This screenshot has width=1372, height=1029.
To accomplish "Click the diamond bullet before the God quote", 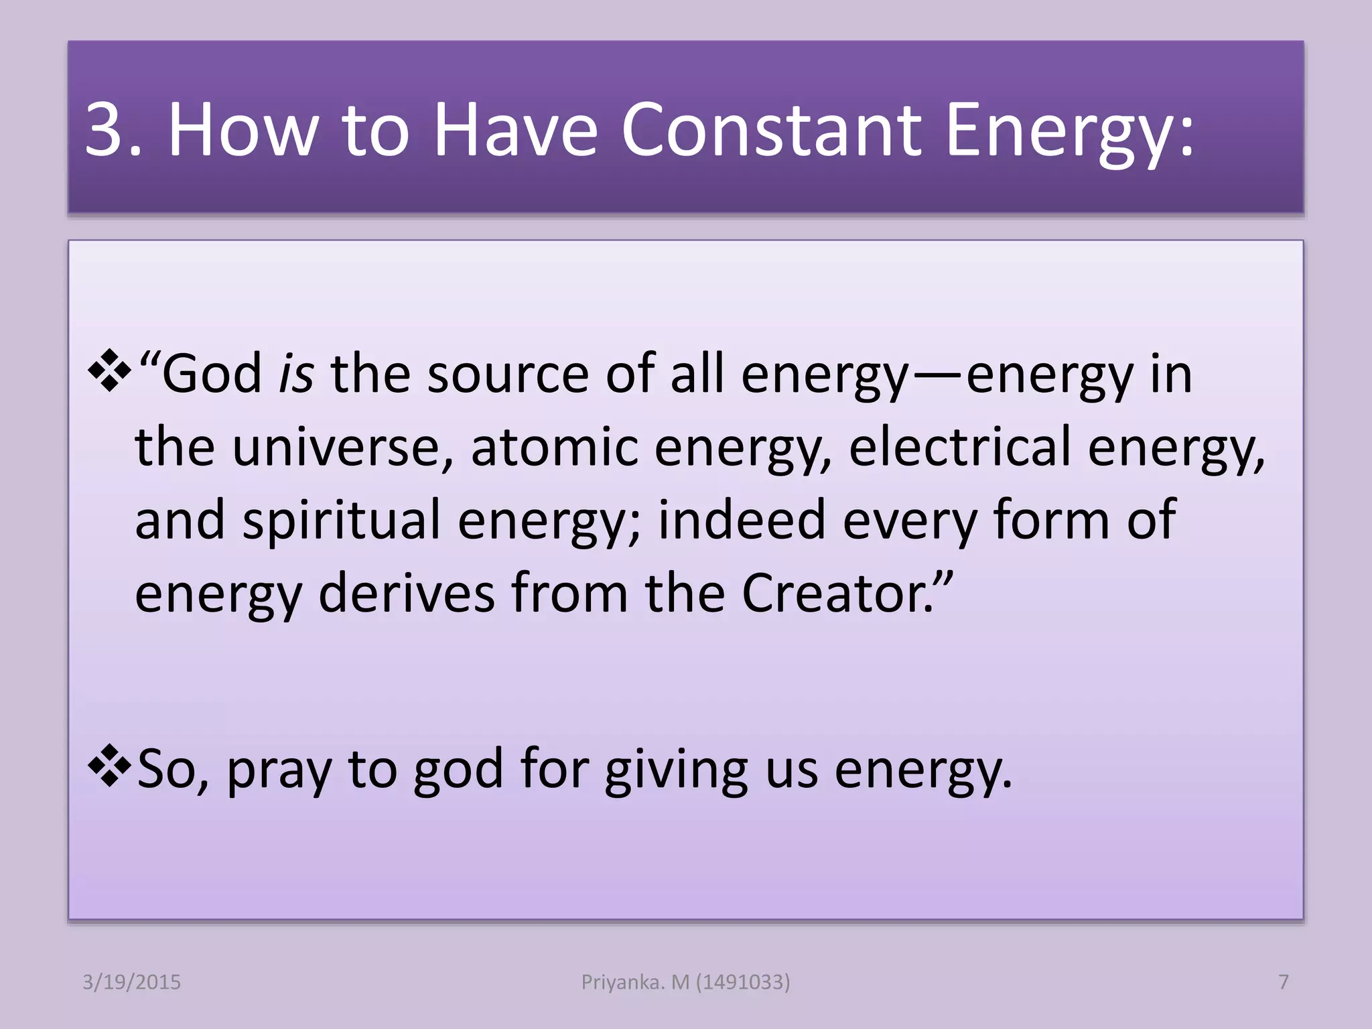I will [x=109, y=370].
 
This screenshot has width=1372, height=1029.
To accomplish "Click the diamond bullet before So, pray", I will [x=109, y=766].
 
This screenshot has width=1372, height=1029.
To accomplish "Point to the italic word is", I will [x=295, y=374].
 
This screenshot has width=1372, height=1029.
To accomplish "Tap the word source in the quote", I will [x=508, y=374].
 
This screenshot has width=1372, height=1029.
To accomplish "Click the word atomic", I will [x=554, y=448].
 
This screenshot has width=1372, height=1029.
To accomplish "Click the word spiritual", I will [x=341, y=521].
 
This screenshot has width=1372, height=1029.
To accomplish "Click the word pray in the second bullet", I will [x=279, y=770].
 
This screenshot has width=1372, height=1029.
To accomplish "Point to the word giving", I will [x=676, y=770].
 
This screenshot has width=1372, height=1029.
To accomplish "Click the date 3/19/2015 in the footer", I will [x=131, y=982].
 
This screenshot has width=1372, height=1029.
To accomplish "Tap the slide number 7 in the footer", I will [x=1284, y=982].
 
